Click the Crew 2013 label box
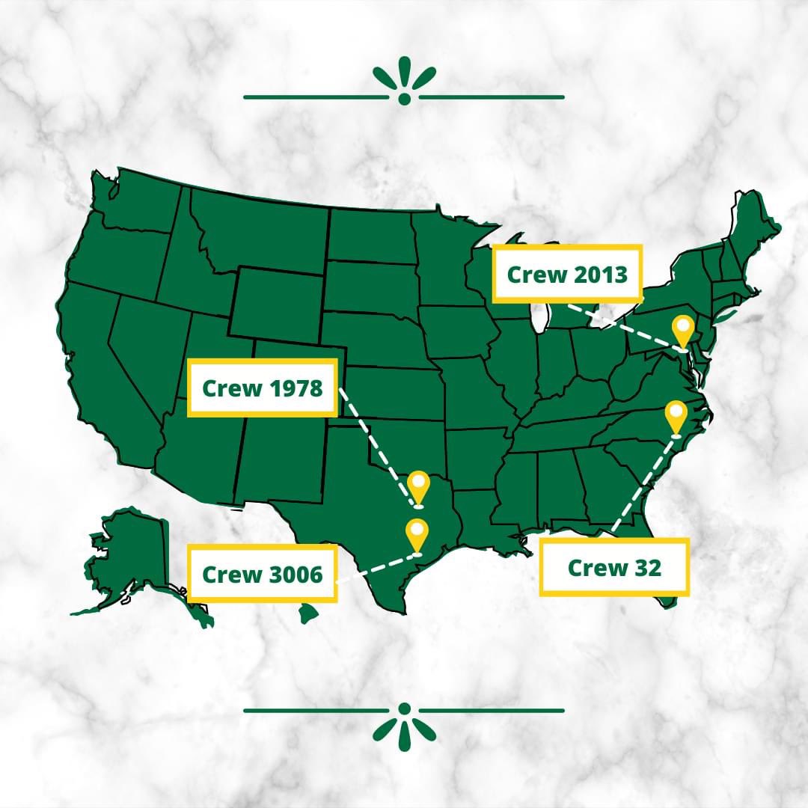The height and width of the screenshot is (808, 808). pyautogui.click(x=567, y=274)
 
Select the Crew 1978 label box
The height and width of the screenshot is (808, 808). pyautogui.click(x=263, y=388)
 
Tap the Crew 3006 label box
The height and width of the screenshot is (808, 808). pyautogui.click(x=263, y=574)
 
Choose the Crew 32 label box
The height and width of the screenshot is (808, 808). pyautogui.click(x=614, y=567)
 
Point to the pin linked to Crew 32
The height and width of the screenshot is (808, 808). pyautogui.click(x=676, y=416)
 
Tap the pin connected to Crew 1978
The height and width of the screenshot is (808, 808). pyautogui.click(x=418, y=486)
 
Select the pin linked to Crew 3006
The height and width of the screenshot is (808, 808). pyautogui.click(x=416, y=533)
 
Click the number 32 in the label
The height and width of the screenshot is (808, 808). pyautogui.click(x=647, y=568)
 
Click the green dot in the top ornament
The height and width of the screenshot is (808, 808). pyautogui.click(x=405, y=99)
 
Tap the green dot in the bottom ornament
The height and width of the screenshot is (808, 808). pyautogui.click(x=405, y=708)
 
